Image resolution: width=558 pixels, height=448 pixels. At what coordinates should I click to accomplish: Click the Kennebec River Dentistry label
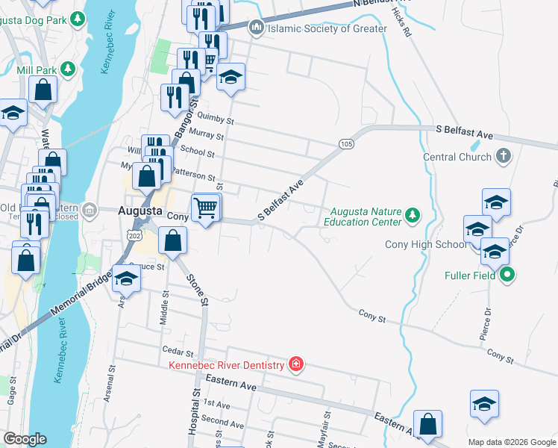pos(227,365)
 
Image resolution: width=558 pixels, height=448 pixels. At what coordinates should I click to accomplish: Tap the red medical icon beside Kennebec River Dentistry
pos(296,364)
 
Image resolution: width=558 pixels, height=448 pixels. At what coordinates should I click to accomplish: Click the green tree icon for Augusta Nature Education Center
pos(413,217)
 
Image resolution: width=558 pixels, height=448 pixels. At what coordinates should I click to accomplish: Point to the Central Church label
pos(457,158)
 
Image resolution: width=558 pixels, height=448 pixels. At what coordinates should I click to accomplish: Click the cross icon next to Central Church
pos(504,157)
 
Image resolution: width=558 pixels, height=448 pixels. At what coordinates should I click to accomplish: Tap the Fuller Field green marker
pos(508,275)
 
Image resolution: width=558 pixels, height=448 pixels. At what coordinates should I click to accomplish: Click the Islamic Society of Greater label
pos(327,29)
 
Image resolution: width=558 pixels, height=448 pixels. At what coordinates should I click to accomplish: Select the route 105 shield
pos(345,143)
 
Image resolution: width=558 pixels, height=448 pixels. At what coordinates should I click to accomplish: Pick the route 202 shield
pos(134,235)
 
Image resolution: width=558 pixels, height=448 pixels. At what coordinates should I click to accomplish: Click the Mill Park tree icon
pos(69,69)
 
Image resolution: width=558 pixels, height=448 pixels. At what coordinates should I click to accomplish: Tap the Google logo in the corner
pos(25,438)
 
